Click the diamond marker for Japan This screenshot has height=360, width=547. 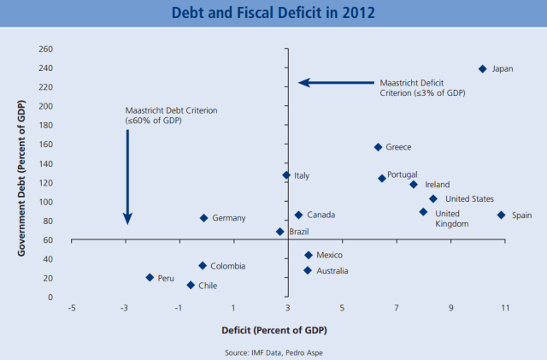483,68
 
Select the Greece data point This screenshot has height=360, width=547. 378,147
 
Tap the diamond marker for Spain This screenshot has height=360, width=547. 501,215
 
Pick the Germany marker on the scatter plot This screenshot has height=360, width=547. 203,218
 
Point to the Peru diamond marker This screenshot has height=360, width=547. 150,278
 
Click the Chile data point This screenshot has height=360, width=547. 191,286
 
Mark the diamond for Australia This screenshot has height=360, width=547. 308,271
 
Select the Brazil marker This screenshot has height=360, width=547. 279,232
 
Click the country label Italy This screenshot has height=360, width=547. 302,176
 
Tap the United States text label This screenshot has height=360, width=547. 469,199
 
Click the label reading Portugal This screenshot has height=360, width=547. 403,175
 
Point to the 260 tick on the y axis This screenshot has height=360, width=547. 45,49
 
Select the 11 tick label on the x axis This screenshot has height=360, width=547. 504,309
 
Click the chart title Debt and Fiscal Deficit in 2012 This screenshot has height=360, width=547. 273,14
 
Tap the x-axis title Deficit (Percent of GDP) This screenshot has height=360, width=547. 273,329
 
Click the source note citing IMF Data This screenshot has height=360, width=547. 273,350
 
